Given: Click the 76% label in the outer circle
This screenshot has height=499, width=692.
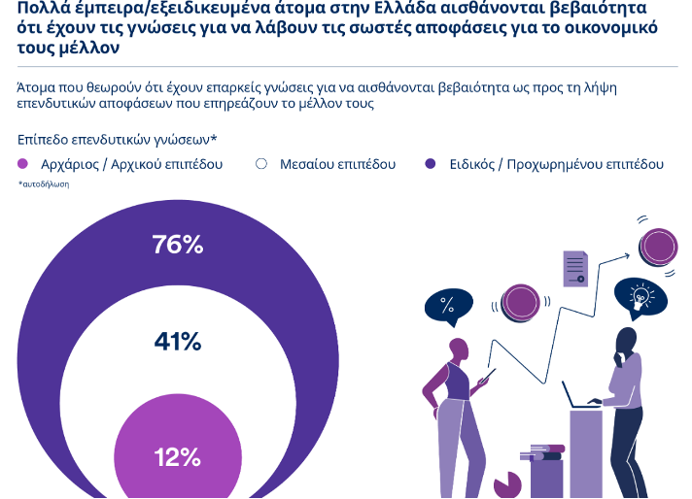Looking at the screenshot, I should point(177,245).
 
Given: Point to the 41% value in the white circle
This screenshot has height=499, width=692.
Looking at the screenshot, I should point(177,342).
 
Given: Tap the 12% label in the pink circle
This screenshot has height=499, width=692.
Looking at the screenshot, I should point(177,457).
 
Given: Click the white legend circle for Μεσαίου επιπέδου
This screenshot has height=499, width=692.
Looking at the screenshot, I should point(260,164).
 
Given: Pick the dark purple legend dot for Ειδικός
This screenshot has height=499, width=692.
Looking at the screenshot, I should point(431,164).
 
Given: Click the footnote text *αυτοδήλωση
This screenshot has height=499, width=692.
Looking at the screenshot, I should point(44,183).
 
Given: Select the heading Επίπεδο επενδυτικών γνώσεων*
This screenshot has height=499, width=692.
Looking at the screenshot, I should point(117,140).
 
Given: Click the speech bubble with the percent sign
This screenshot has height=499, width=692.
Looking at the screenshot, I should point(447,308).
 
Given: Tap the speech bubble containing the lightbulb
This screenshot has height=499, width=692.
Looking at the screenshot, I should point(640,296).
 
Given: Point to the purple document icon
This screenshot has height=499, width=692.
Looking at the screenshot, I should point(575,267).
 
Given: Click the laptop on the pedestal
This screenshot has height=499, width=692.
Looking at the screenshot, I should point(581,396).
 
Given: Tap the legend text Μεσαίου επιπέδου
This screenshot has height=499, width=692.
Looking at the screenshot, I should point(338,164).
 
